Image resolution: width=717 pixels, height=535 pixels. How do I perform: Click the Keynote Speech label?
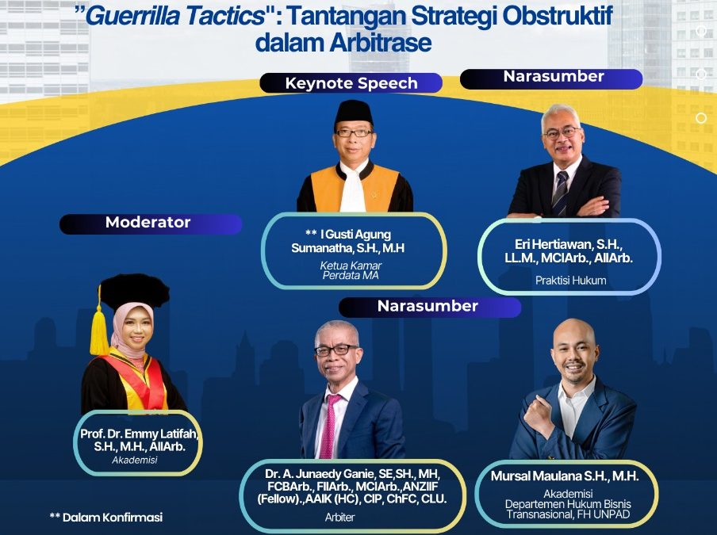pyautogui.click(x=351, y=83)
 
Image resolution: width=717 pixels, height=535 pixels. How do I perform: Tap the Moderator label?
pyautogui.click(x=148, y=223)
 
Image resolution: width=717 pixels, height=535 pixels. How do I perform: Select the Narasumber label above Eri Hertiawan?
pyautogui.click(x=553, y=78)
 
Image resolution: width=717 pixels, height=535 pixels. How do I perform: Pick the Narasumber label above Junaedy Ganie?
pyautogui.click(x=428, y=306)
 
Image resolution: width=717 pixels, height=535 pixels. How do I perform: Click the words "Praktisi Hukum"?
pyautogui.click(x=570, y=280)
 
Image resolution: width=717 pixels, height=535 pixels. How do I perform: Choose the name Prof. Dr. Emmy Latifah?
pyautogui.click(x=140, y=434)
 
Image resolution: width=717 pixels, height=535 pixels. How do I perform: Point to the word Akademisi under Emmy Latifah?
pyautogui.click(x=135, y=459)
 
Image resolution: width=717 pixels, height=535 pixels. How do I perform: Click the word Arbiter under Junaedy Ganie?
pyautogui.click(x=339, y=517)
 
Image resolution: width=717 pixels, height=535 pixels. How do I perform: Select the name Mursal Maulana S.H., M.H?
pyautogui.click(x=565, y=476)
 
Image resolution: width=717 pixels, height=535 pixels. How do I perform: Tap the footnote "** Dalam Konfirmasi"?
pyautogui.click(x=105, y=517)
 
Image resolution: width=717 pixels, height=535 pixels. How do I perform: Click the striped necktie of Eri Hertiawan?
pyautogui.click(x=561, y=193)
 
